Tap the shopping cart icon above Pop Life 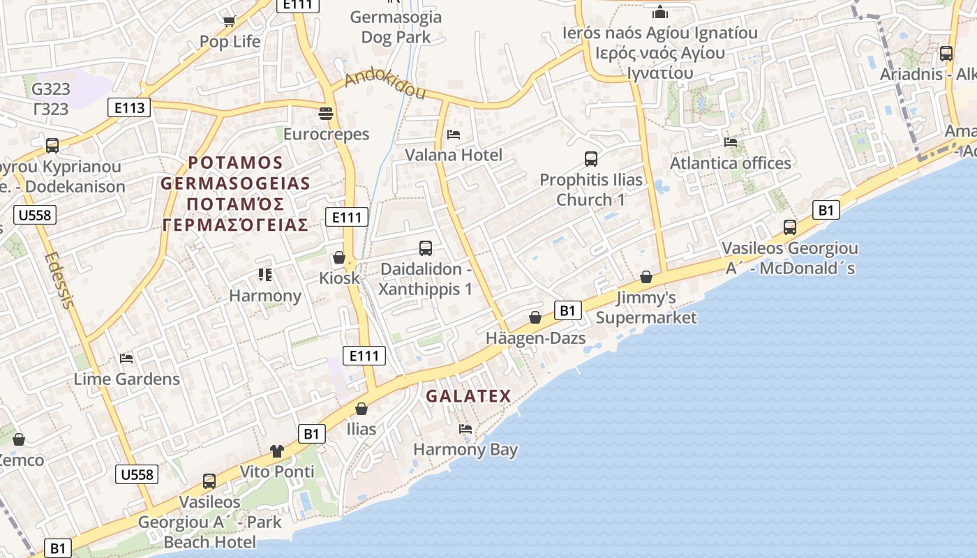pyautogui.click(x=229, y=21)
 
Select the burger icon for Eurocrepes pyautogui.click(x=326, y=112)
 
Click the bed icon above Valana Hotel pyautogui.click(x=454, y=134)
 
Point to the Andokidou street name pyautogui.click(x=385, y=84)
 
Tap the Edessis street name pyautogui.click(x=59, y=280)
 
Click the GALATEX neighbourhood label pyautogui.click(x=468, y=396)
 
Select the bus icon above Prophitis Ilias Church pyautogui.click(x=591, y=159)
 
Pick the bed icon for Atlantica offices pyautogui.click(x=731, y=142)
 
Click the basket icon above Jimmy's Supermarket pyautogui.click(x=646, y=277)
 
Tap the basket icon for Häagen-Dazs pyautogui.click(x=535, y=317)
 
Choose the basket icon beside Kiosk pyautogui.click(x=339, y=257)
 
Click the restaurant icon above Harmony pyautogui.click(x=264, y=275)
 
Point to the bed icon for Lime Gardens pyautogui.click(x=126, y=359)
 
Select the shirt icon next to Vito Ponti pyautogui.click(x=277, y=451)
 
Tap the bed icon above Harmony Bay pyautogui.click(x=465, y=428)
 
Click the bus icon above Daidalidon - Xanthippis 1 pyautogui.click(x=426, y=248)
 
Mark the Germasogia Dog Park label pyautogui.click(x=396, y=27)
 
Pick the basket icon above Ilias pyautogui.click(x=361, y=408)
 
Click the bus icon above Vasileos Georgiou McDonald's pyautogui.click(x=790, y=227)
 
